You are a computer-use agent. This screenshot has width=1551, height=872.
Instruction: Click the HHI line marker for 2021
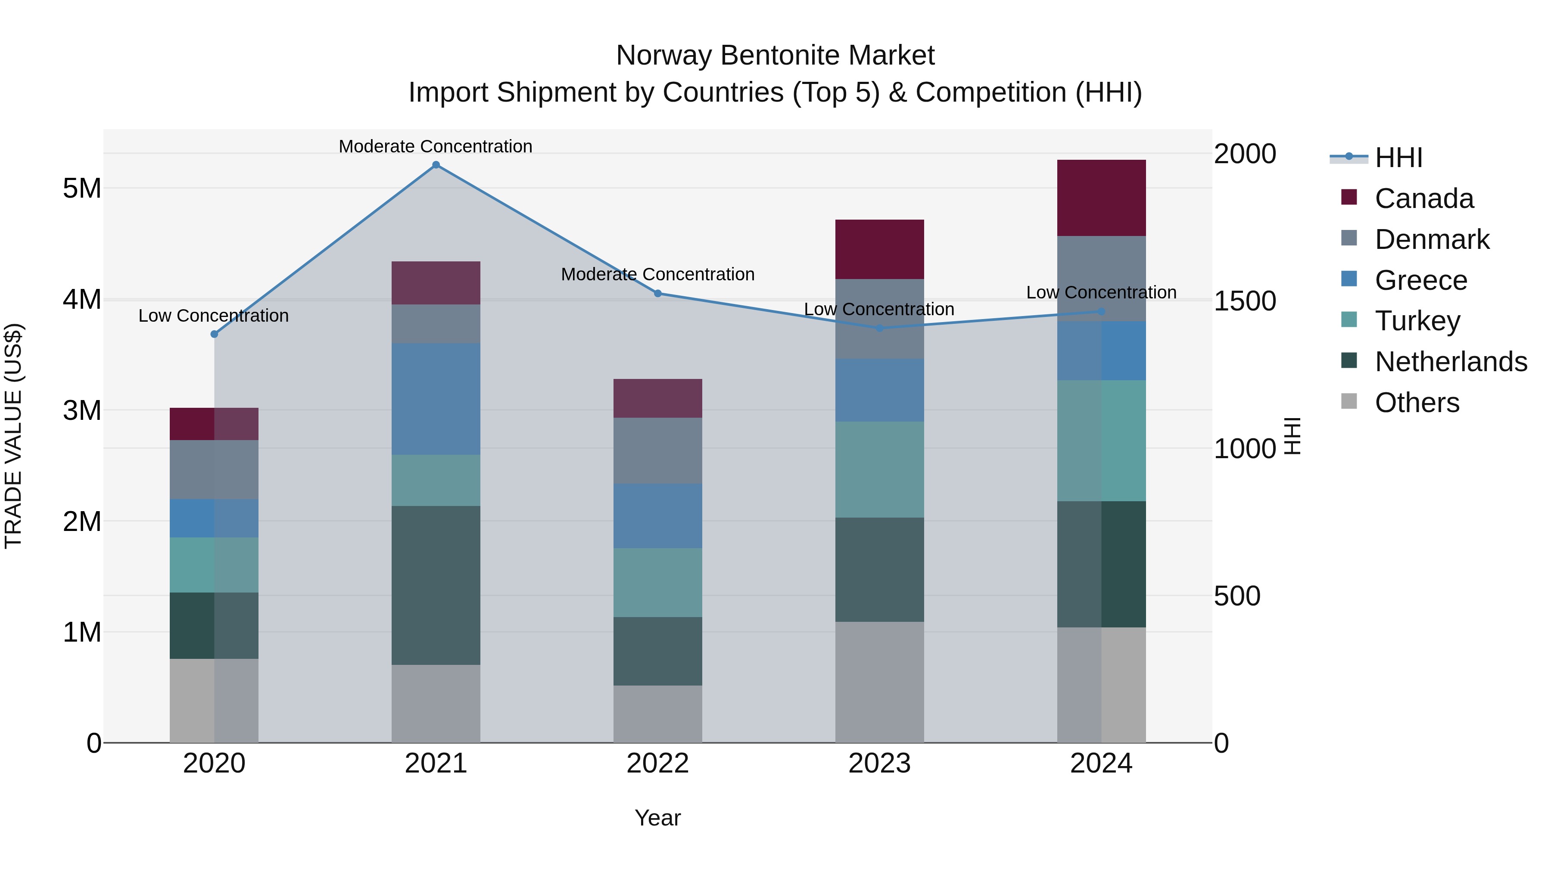(x=436, y=165)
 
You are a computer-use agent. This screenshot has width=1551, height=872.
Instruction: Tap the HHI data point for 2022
(x=657, y=294)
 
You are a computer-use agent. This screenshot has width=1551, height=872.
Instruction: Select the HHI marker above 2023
(x=880, y=328)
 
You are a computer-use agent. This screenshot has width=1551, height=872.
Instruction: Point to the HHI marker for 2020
(x=215, y=334)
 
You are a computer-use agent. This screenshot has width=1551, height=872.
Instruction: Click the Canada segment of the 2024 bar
(x=1101, y=198)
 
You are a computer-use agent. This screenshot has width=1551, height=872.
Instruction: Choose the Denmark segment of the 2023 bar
(x=880, y=319)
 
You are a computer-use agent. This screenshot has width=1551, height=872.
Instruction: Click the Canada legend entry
(x=1424, y=199)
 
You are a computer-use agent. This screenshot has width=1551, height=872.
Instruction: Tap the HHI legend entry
(x=1398, y=158)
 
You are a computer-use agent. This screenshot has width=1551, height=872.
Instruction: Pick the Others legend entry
(x=1417, y=403)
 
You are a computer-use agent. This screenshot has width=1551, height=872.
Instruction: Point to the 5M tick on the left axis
(x=82, y=188)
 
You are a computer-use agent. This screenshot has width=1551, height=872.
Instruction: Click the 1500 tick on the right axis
(x=1245, y=301)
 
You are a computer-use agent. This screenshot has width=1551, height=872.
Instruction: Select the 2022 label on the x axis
(x=657, y=763)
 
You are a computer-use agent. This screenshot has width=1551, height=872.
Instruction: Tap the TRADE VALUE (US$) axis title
(x=14, y=436)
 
